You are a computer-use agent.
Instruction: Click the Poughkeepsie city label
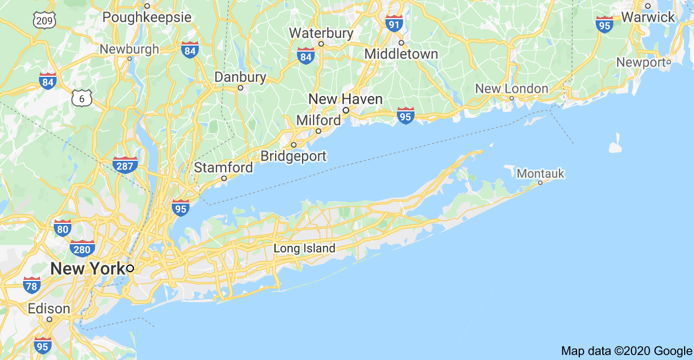pyautogui.click(x=147, y=18)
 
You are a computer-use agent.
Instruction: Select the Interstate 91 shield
pyautogui.click(x=394, y=23)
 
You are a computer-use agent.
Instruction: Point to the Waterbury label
pyautogui.click(x=321, y=33)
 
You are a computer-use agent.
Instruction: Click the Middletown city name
pyautogui.click(x=401, y=54)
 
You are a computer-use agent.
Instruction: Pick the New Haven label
pyautogui.click(x=345, y=99)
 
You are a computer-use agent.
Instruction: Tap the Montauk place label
pyautogui.click(x=541, y=174)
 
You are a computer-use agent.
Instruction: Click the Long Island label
pyautogui.click(x=304, y=249)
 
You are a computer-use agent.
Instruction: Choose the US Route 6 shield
pyautogui.click(x=82, y=99)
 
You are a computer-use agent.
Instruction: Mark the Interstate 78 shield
pyautogui.click(x=32, y=285)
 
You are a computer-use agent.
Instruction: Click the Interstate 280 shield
pyautogui.click(x=82, y=248)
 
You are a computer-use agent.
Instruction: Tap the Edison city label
pyautogui.click(x=49, y=308)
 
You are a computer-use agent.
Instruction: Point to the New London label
pyautogui.click(x=511, y=88)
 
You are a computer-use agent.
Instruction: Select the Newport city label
pyautogui.click(x=641, y=63)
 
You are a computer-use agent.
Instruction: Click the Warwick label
pyautogui.click(x=648, y=17)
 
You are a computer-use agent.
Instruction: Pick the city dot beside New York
pyautogui.click(x=130, y=268)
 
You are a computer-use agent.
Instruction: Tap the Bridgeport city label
pyautogui.click(x=293, y=156)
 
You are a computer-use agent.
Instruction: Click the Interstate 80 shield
pyautogui.click(x=63, y=227)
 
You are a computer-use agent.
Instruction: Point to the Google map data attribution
pyautogui.click(x=626, y=351)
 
